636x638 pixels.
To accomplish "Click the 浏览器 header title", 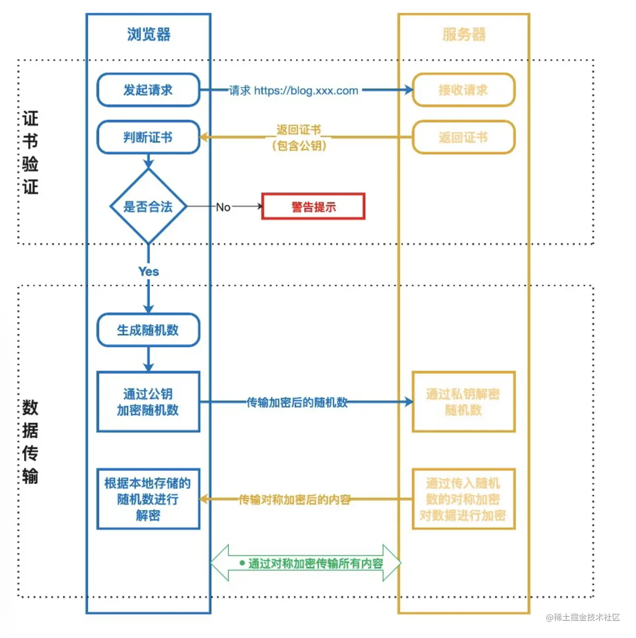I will click(148, 34).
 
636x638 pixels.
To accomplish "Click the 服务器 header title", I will click(464, 34).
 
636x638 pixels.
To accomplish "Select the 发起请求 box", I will click(148, 90).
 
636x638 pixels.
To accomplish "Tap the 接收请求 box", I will click(463, 90).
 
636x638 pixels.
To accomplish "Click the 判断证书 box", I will click(148, 137).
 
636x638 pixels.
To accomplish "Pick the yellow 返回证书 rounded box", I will click(463, 137).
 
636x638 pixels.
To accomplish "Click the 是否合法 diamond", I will click(148, 206).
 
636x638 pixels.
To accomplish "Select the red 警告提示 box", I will click(313, 207).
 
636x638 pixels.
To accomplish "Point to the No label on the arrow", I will click(223, 207).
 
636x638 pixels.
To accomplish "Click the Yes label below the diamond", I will click(148, 271).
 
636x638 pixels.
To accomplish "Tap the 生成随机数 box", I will click(148, 330).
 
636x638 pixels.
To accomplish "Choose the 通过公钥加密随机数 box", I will click(148, 402).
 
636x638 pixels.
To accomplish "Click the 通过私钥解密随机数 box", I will click(463, 402).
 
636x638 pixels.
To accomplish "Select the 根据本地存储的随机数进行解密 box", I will click(148, 499).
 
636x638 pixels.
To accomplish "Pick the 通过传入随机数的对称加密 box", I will click(463, 499).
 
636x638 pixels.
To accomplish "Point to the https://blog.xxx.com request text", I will click(306, 91).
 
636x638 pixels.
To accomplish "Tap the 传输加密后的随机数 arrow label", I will click(297, 402).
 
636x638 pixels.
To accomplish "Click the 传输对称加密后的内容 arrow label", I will click(294, 499).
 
